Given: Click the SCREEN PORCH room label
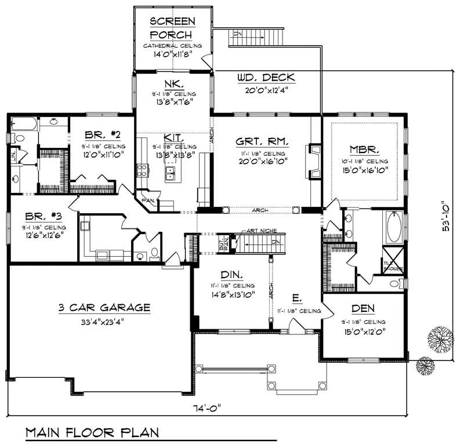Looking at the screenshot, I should [x=172, y=27].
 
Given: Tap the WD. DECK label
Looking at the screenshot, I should [x=266, y=78].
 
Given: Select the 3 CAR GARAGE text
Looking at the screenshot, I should [x=104, y=307].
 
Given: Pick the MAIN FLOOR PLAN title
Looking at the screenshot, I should [x=93, y=432].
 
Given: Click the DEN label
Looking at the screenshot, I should [x=362, y=308].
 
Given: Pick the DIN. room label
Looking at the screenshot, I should [x=231, y=274].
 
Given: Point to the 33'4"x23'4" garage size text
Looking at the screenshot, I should [x=104, y=320].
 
